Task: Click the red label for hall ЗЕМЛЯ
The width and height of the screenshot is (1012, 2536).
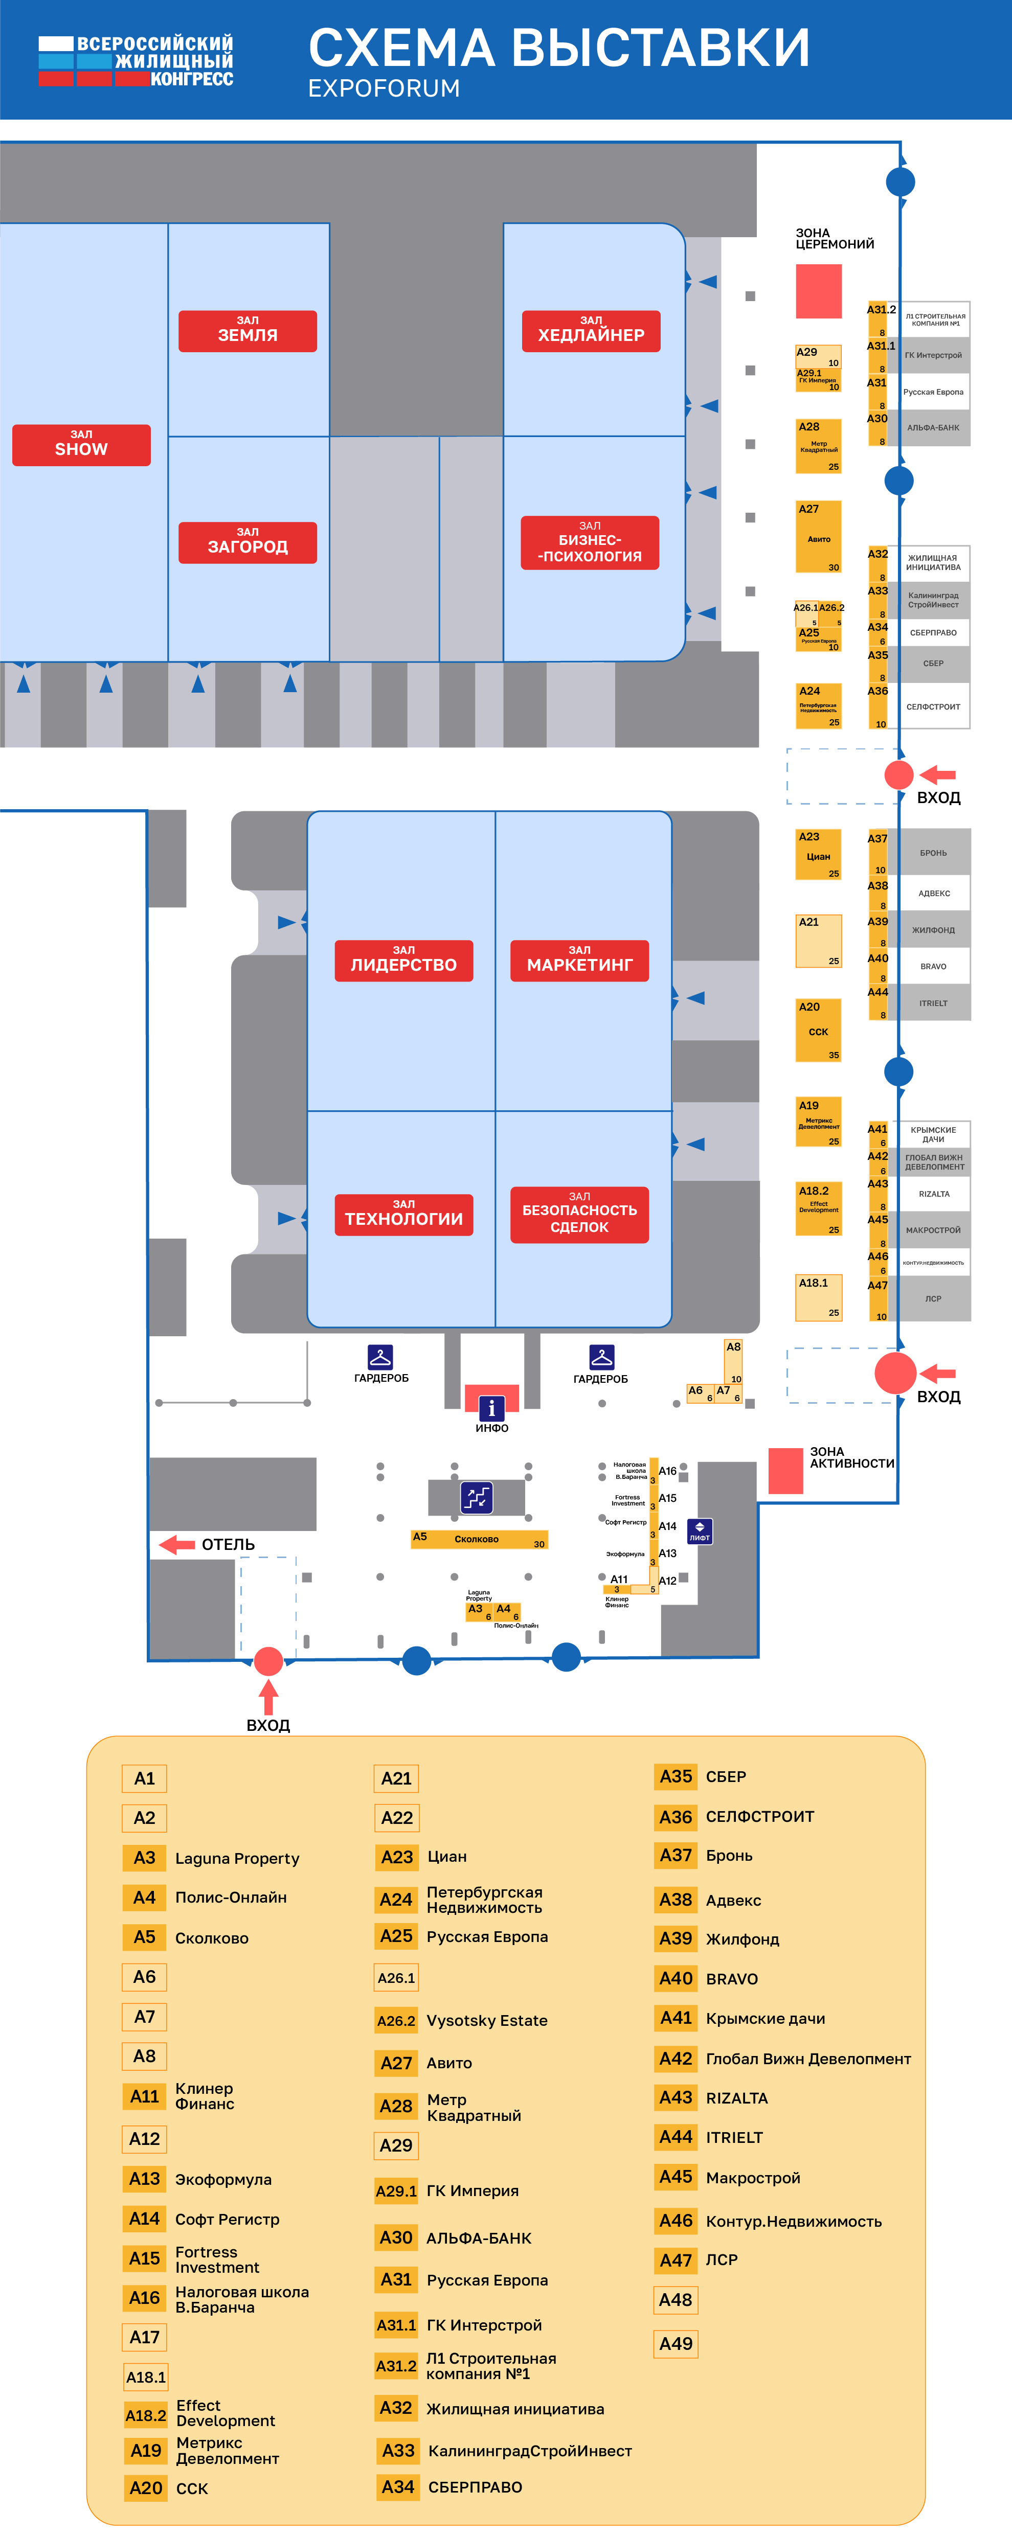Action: coord(247,331)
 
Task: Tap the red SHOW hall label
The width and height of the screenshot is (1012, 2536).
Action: coord(81,445)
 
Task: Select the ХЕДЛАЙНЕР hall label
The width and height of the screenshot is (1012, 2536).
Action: coord(591,331)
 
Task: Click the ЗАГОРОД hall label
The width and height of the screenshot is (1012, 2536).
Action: coord(247,542)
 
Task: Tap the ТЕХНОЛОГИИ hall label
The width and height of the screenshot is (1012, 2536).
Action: coord(403,1215)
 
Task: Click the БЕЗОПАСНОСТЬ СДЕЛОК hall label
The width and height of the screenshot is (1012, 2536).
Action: coord(579,1215)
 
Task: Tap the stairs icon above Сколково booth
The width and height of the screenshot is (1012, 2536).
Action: coord(477,1497)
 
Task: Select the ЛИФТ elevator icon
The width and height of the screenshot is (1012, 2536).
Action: coord(699,1531)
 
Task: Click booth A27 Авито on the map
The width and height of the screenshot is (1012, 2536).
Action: coord(818,537)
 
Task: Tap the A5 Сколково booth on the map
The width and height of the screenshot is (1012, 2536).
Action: coord(479,1539)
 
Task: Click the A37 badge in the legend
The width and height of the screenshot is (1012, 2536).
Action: coord(676,1856)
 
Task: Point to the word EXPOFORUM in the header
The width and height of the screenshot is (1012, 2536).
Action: coord(384,88)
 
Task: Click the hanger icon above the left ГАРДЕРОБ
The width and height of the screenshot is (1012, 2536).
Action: coord(380,1357)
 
